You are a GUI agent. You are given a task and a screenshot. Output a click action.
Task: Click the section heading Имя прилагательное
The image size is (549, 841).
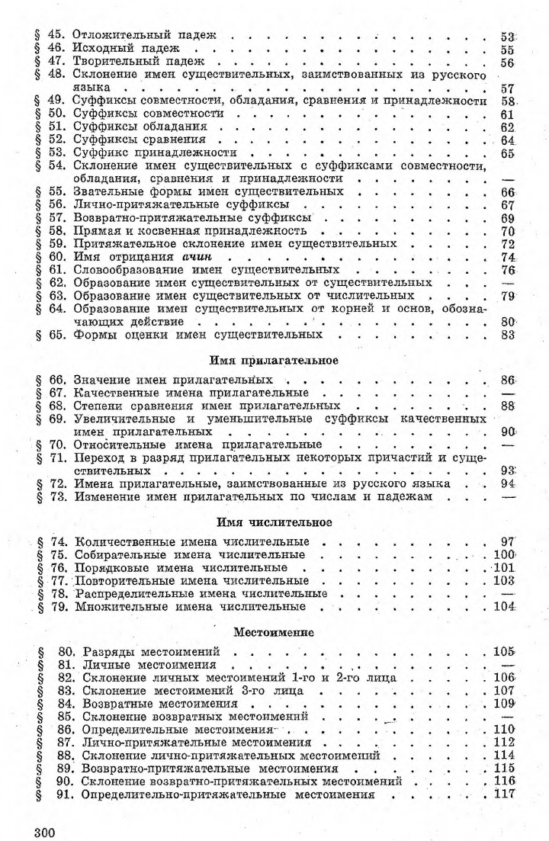pyautogui.click(x=274, y=360)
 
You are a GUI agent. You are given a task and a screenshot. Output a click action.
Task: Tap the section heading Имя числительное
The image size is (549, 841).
pyautogui.click(x=274, y=523)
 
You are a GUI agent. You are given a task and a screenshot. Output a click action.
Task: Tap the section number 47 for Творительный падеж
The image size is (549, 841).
pyautogui.click(x=56, y=63)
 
